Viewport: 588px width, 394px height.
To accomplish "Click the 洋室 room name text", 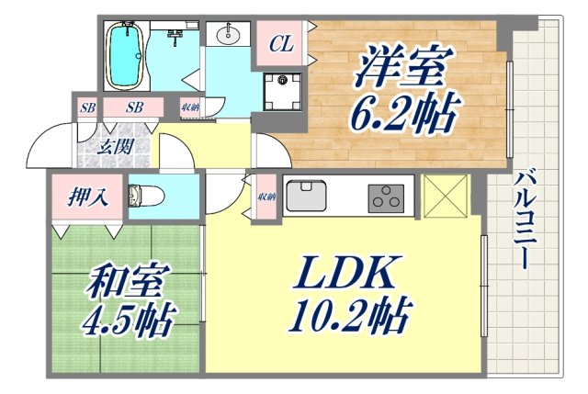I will click(402, 69).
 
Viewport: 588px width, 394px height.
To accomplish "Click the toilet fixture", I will click(147, 197).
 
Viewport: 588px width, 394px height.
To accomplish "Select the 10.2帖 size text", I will click(348, 317).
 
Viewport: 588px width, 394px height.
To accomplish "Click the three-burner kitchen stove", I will click(387, 197).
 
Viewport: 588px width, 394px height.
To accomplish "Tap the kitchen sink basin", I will click(307, 195).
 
